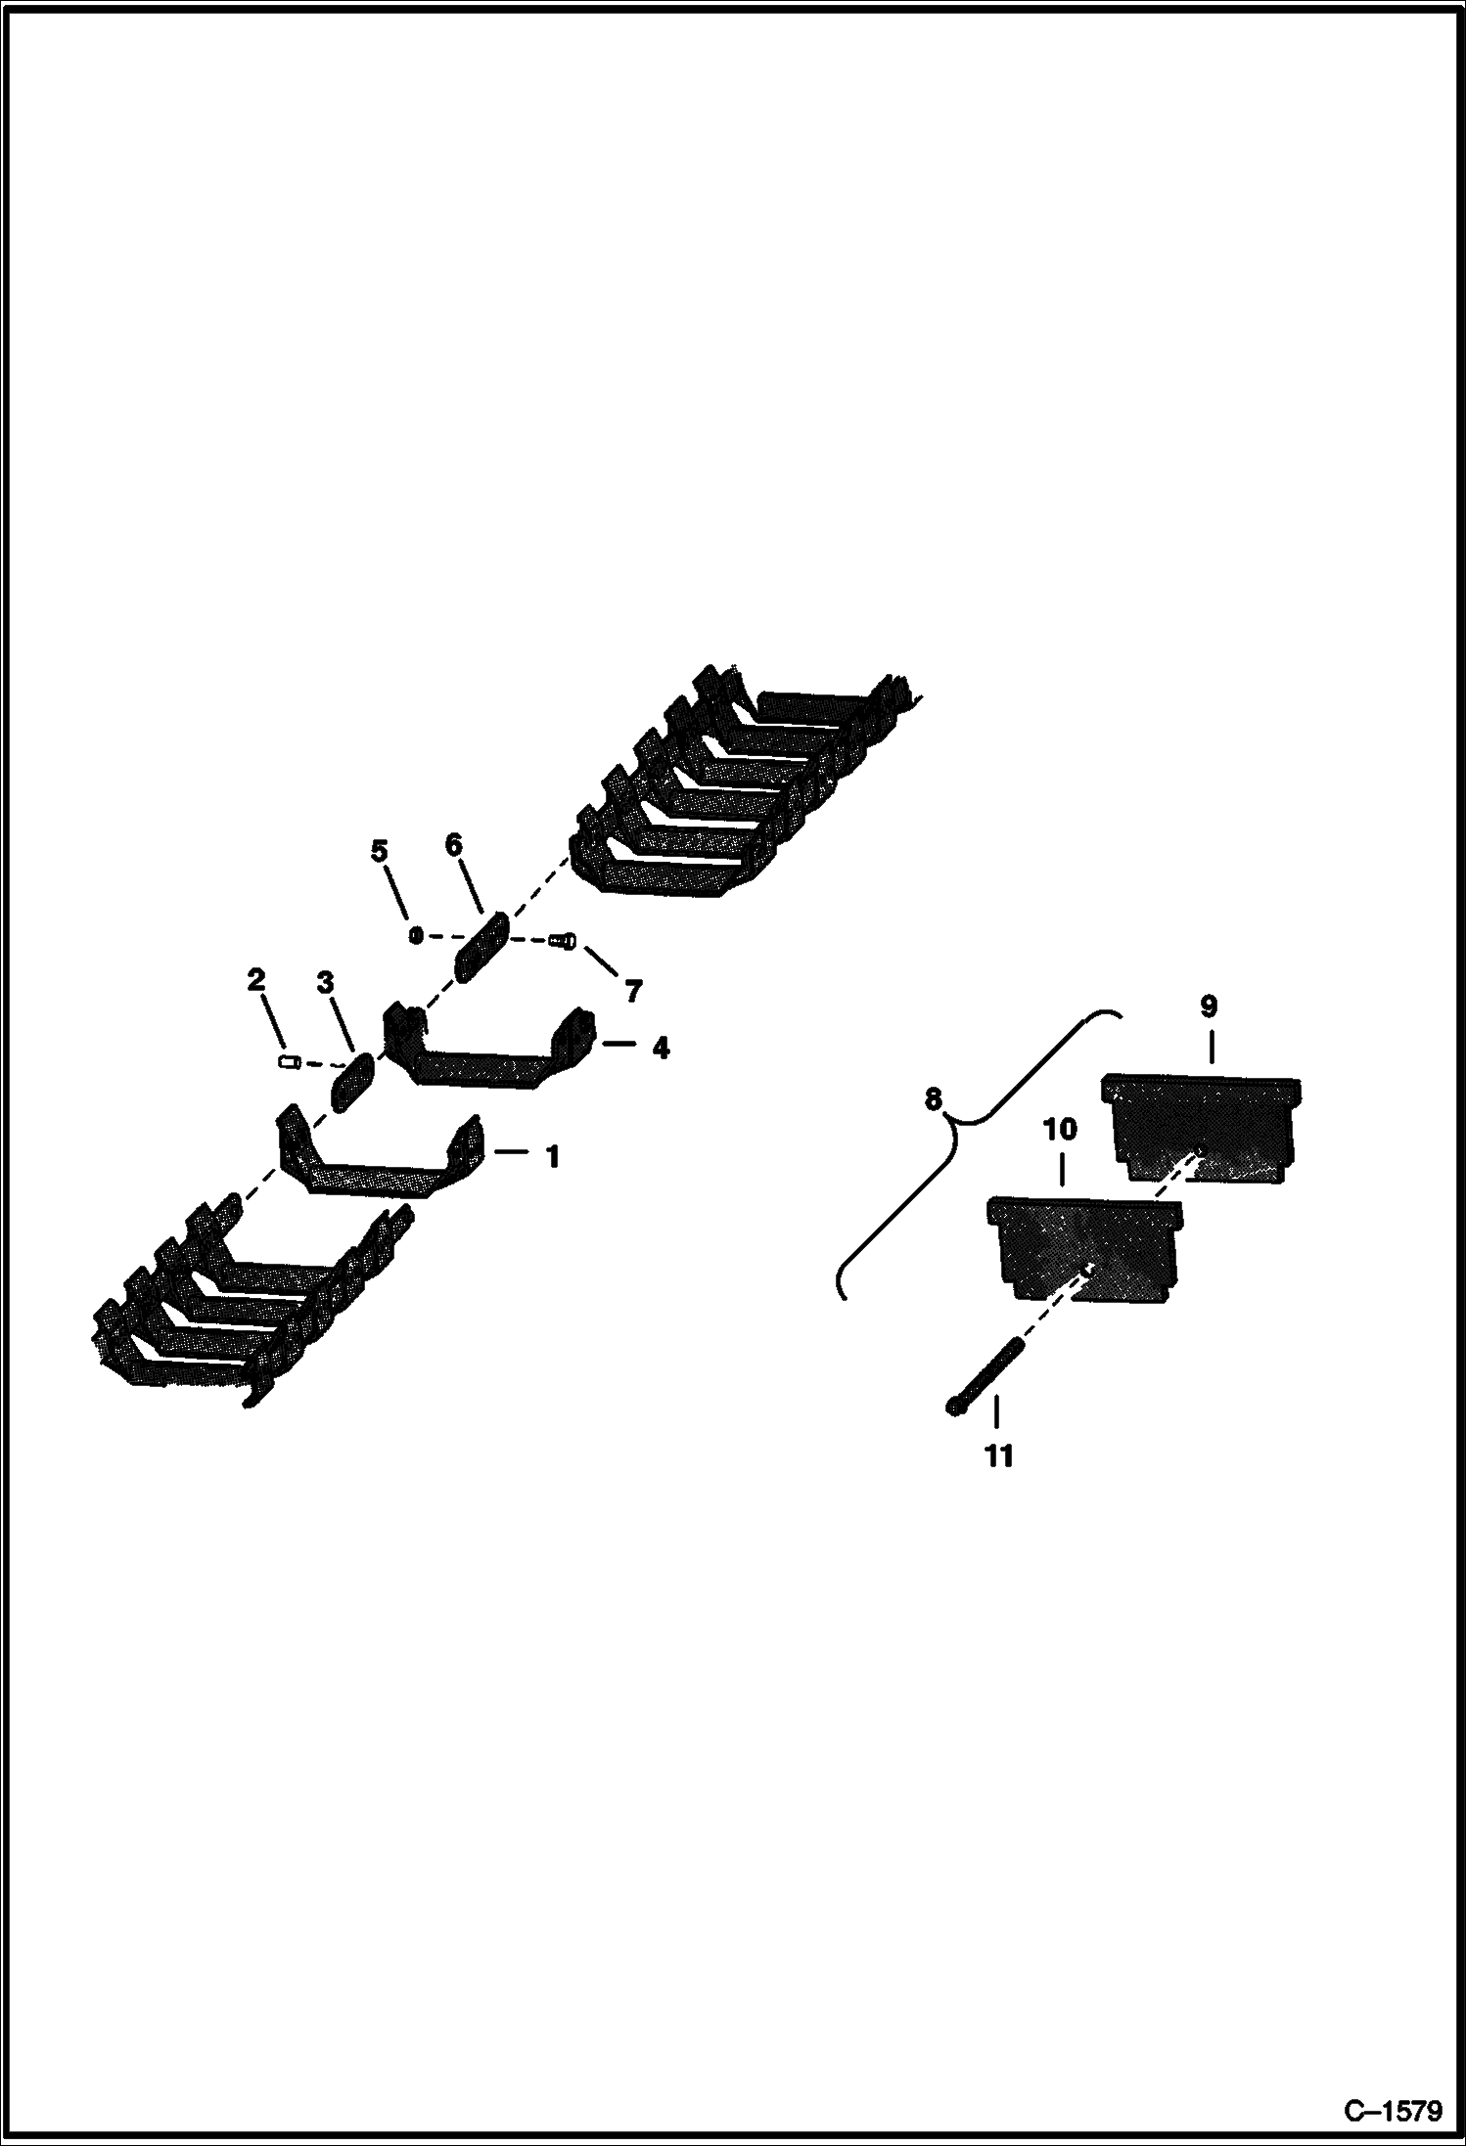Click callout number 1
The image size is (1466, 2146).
(553, 1157)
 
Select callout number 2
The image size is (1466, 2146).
(256, 979)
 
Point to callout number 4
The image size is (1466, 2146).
(661, 1049)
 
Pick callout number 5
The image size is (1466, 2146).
(380, 850)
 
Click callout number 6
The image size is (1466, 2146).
(454, 845)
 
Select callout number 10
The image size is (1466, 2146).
(1060, 1130)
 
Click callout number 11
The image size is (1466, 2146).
(998, 1456)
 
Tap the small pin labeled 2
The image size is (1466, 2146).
(289, 1061)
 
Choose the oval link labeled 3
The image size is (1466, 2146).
(353, 1082)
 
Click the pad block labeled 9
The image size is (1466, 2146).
(1202, 1130)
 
